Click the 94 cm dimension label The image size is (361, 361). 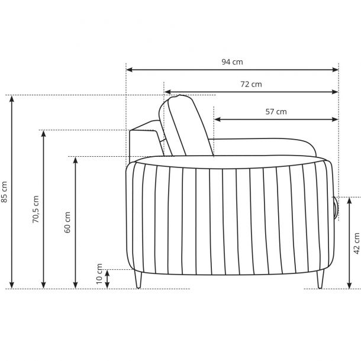pos(232,62)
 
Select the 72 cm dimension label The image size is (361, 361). pos(251,84)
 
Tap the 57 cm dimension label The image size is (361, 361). pos(276,112)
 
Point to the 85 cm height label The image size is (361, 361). pos(4,192)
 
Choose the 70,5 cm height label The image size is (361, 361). pos(36,209)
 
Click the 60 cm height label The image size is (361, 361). pos(67,222)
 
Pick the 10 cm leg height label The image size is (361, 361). pos(99,274)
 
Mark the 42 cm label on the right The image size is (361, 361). pos(357,243)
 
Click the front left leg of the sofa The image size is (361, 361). pos(138,279)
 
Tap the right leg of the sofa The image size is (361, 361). pos(320,279)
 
